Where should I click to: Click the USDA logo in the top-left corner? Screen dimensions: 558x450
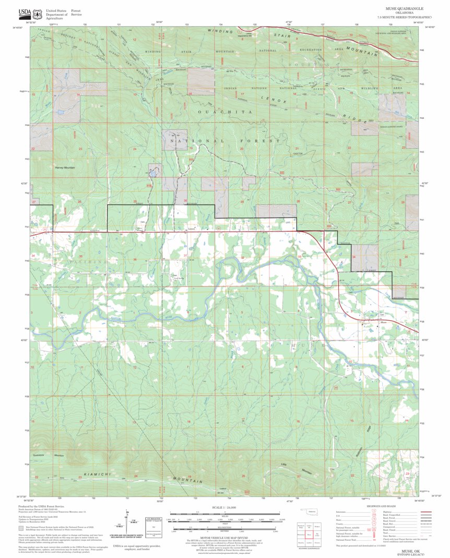click(24, 13)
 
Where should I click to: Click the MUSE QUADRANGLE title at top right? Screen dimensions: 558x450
click(404, 9)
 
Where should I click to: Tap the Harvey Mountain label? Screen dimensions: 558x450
click(65, 167)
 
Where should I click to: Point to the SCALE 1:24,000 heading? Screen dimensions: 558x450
click(224, 507)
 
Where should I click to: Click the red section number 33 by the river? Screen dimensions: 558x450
click(300, 257)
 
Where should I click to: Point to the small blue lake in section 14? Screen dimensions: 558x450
click(62, 112)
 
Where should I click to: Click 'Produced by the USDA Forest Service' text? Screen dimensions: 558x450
click(39, 506)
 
